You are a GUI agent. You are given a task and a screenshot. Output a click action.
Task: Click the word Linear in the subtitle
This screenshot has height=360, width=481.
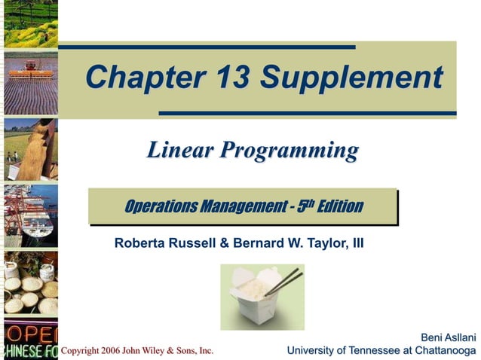[178, 150]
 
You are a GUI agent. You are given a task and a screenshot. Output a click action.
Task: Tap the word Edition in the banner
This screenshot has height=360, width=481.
[339, 206]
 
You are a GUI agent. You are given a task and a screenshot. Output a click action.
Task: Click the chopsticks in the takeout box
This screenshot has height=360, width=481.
[282, 282]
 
